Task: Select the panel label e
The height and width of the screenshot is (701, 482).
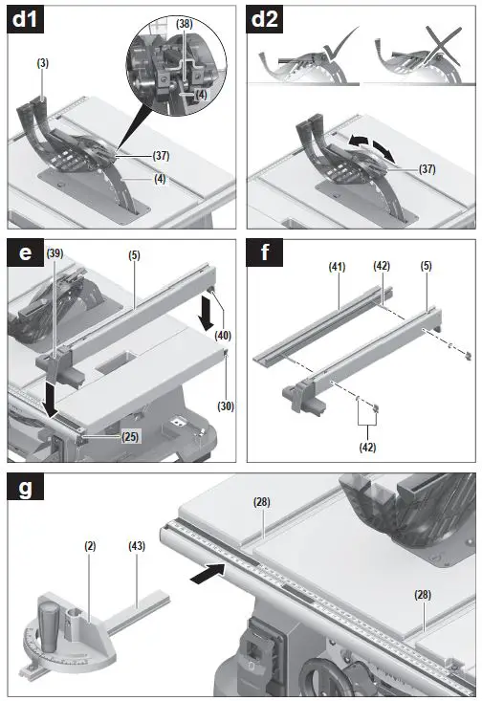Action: (23, 253)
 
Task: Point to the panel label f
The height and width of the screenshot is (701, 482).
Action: (262, 253)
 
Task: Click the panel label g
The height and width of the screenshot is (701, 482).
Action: (24, 489)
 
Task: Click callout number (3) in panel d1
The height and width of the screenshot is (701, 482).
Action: (43, 64)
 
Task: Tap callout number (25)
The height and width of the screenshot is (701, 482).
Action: (130, 436)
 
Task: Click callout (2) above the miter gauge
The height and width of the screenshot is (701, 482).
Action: (89, 545)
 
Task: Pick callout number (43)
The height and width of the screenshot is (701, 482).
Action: (138, 545)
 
